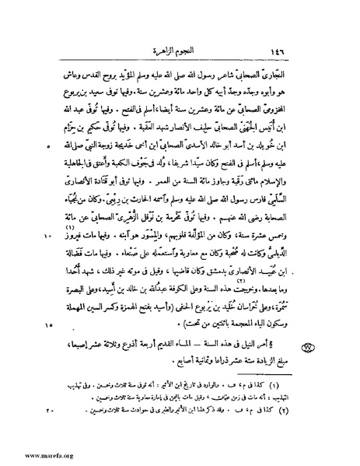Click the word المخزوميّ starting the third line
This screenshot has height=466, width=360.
[289, 116]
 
